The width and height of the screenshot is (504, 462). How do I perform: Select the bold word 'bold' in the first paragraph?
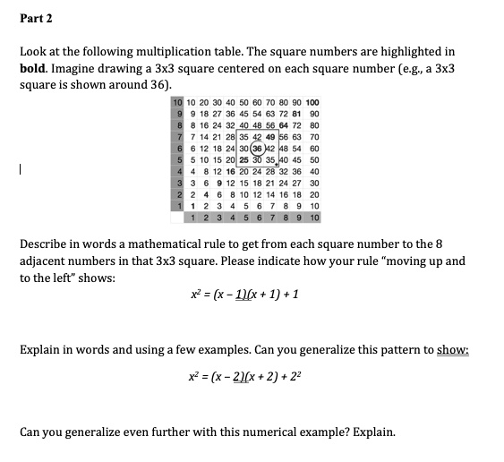33,68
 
